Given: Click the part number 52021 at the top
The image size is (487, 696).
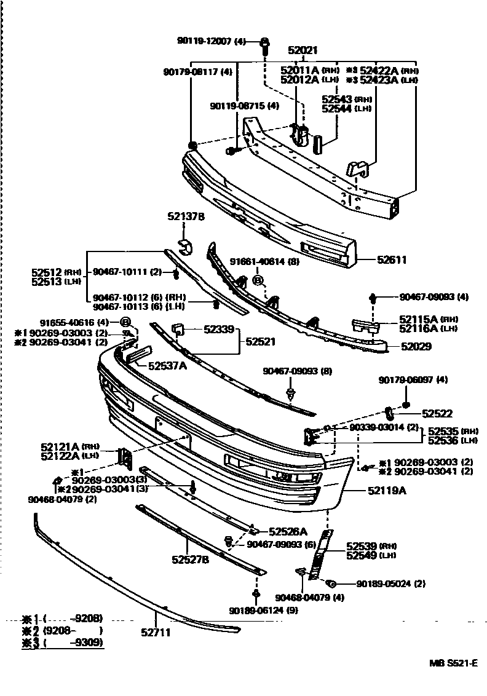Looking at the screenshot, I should click(x=306, y=52).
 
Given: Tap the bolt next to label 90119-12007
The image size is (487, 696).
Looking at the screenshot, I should click(x=265, y=43).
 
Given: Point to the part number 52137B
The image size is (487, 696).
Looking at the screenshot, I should click(x=186, y=216).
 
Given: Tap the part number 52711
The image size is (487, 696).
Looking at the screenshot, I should click(x=155, y=632).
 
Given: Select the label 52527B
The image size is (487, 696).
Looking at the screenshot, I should click(x=190, y=560).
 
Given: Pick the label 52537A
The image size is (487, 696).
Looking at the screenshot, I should click(x=167, y=366).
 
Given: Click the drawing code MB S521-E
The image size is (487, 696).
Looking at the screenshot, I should click(x=453, y=663).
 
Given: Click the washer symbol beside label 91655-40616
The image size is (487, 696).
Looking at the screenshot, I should click(x=125, y=322).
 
